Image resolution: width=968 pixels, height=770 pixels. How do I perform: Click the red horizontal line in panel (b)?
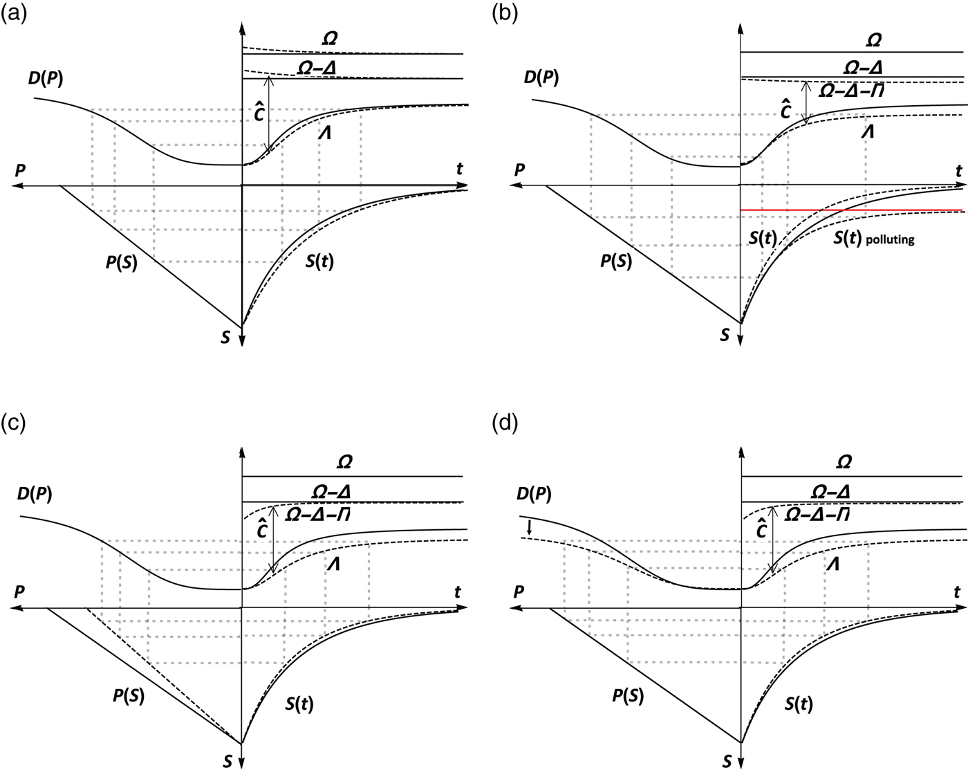coord(850,210)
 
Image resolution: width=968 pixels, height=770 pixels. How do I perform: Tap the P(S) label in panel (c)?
coord(128,697)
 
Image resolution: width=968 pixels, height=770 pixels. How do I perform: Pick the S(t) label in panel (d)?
coord(799,704)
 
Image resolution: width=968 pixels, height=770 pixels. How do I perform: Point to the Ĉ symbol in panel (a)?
coord(259,112)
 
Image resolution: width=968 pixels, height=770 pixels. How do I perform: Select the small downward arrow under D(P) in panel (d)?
coord(530,527)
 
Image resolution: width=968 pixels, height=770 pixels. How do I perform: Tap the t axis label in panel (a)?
coord(459,168)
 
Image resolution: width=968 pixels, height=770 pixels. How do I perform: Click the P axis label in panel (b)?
coord(520,169)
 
